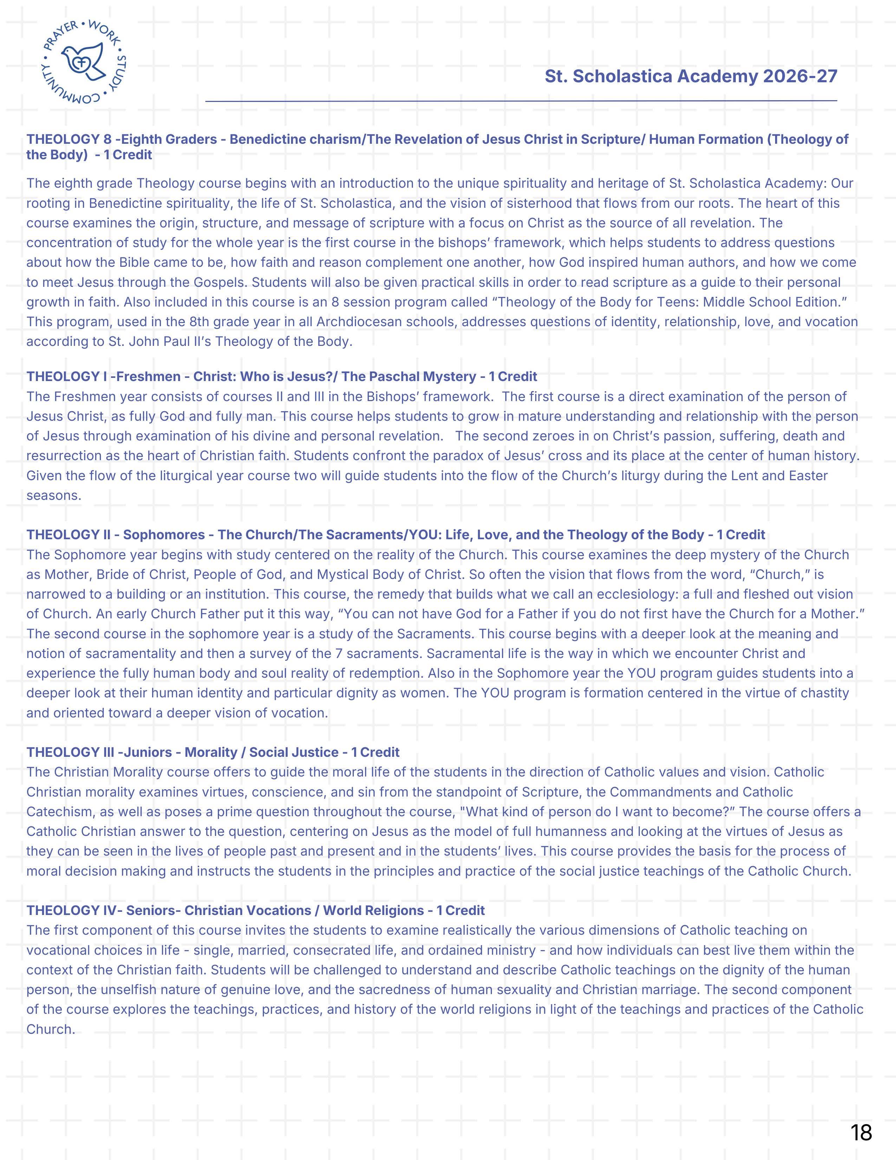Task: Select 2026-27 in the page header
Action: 800,77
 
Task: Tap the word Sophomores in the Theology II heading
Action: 164,535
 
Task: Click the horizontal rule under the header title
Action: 521,101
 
